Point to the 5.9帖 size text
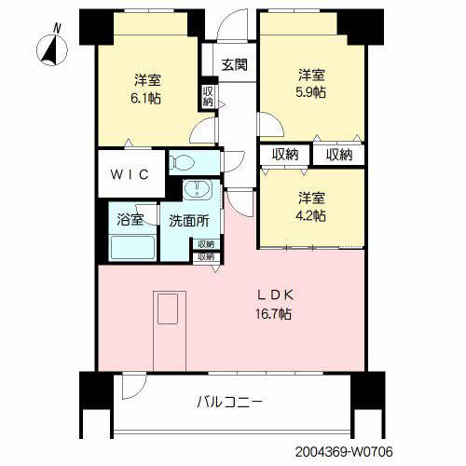311,93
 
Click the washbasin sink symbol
197,190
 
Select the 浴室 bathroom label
130,221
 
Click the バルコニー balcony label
229,403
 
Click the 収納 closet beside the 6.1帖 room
208,95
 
